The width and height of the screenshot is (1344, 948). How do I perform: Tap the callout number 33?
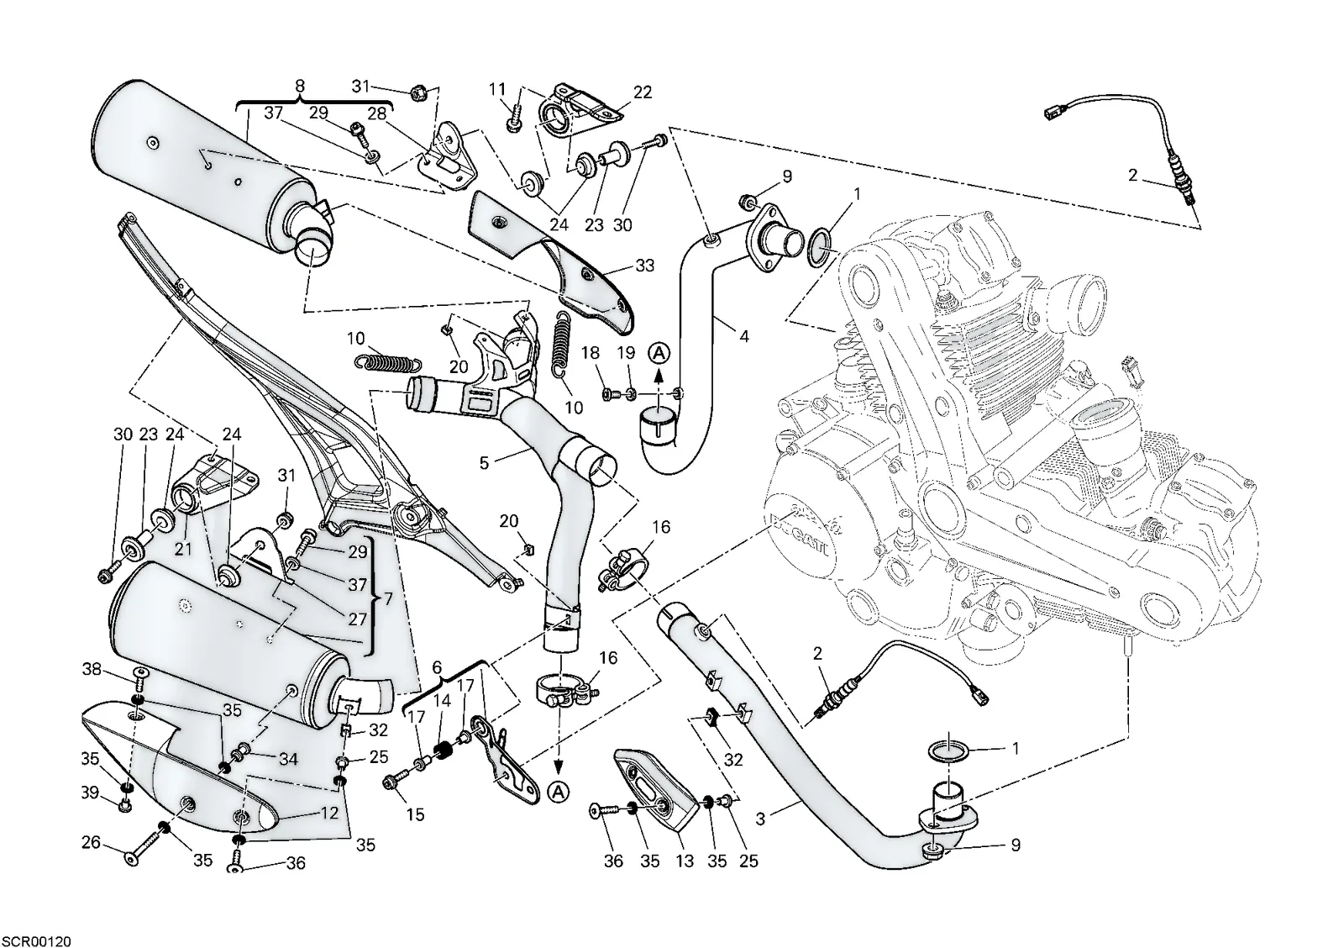click(x=644, y=266)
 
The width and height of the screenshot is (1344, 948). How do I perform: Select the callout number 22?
click(x=642, y=92)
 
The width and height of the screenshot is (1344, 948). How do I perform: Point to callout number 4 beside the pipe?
click(x=744, y=336)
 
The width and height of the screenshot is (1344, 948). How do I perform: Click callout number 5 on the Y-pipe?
click(x=484, y=462)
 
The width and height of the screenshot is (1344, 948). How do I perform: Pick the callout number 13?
click(x=684, y=861)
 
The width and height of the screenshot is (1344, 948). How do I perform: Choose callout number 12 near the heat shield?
click(x=329, y=813)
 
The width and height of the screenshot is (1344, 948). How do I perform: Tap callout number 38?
click(x=92, y=668)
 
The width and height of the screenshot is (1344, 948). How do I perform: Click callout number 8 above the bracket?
click(x=300, y=86)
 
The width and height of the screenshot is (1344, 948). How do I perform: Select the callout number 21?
click(x=183, y=549)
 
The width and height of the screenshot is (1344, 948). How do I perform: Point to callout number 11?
click(x=497, y=89)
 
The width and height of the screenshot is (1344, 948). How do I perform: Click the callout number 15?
click(x=415, y=814)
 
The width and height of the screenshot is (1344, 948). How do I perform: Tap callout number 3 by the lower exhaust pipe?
click(x=760, y=819)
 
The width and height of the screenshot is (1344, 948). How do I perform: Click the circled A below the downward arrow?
click(x=559, y=793)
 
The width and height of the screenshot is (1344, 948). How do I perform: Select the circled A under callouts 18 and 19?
click(x=659, y=353)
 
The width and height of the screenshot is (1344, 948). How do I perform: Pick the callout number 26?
click(x=92, y=843)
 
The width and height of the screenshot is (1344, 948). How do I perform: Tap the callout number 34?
click(x=288, y=760)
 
